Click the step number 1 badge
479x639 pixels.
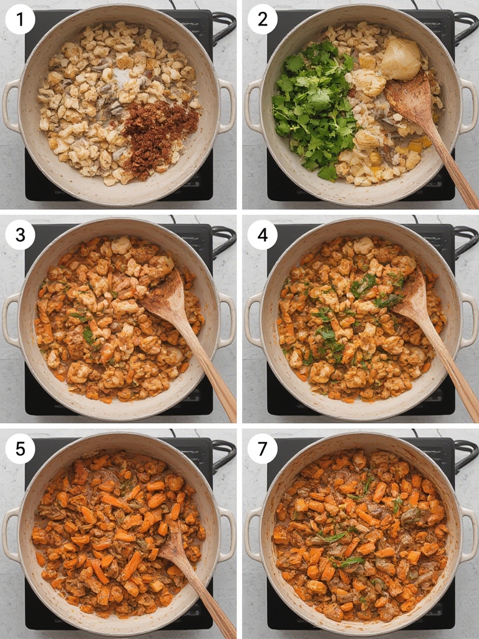pos(20,19)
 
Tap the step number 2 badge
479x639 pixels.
pos(263,19)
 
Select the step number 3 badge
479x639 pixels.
pos(20,235)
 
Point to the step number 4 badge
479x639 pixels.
pos(263,235)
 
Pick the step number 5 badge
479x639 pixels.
pos(20,449)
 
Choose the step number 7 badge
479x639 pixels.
pos(263,449)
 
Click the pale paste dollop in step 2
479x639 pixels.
pos(401,59)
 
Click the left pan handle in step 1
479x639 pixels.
pos(11,105)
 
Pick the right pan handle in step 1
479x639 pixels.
pos(227,105)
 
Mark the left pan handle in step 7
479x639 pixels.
pos(253,534)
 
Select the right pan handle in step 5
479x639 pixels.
pos(227,534)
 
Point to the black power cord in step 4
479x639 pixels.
pos(466,241)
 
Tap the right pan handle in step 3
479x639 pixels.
pos(227,320)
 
